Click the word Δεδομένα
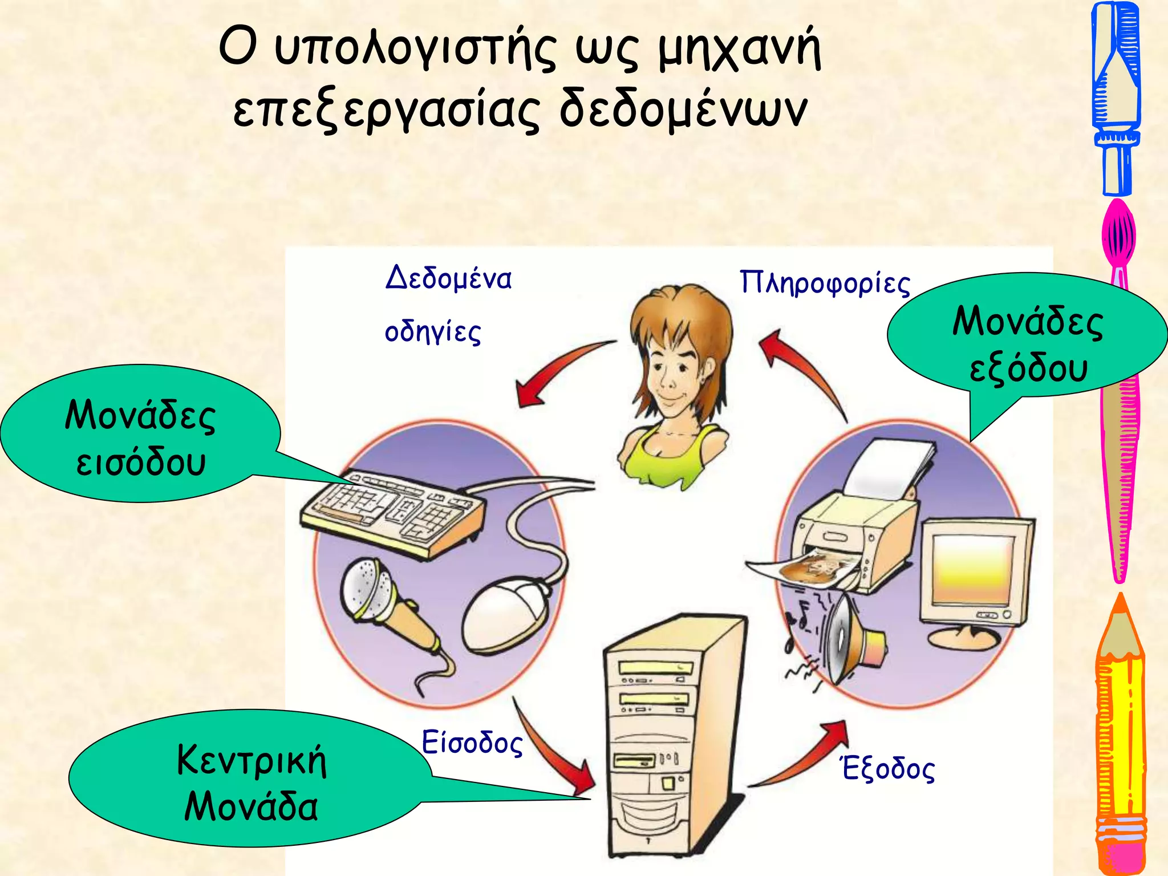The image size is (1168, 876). point(448,278)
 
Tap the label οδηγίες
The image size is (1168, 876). point(433,332)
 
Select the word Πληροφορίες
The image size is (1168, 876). point(825,283)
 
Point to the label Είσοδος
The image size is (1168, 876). point(472,743)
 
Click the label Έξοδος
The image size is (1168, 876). point(888,768)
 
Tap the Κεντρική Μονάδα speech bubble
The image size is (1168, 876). point(251,781)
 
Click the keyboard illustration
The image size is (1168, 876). point(394,510)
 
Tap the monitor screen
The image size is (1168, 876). point(972,570)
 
